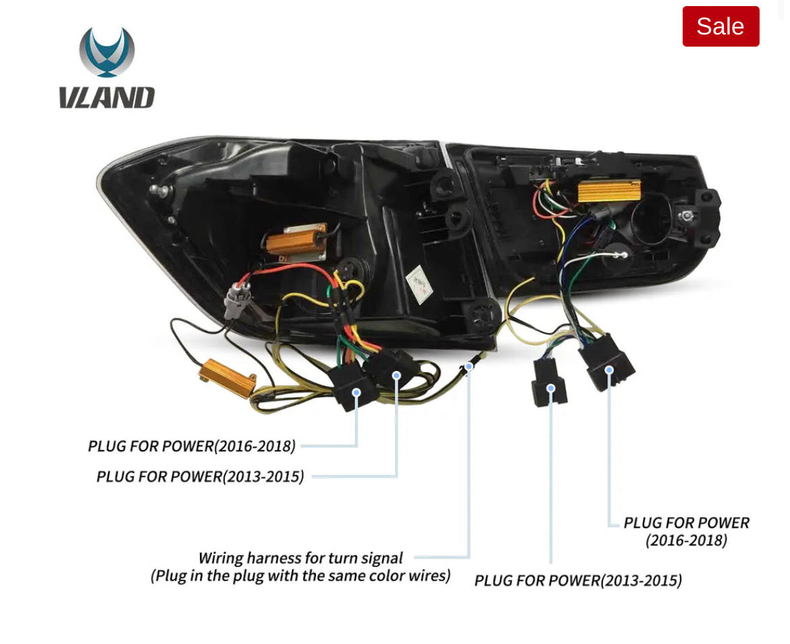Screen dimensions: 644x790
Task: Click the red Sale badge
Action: click(720, 26)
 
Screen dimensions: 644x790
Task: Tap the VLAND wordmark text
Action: click(107, 97)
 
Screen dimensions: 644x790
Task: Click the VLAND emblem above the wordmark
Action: click(107, 52)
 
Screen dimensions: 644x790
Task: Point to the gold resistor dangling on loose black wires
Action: click(227, 379)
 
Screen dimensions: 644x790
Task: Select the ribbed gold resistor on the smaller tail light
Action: click(608, 191)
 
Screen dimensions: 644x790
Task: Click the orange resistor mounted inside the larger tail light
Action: click(296, 240)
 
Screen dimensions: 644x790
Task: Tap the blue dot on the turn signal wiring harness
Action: click(469, 366)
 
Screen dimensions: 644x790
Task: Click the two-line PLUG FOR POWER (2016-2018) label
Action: click(686, 531)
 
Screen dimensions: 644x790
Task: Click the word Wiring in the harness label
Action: click(220, 558)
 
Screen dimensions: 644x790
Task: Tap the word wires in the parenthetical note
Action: click(428, 576)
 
